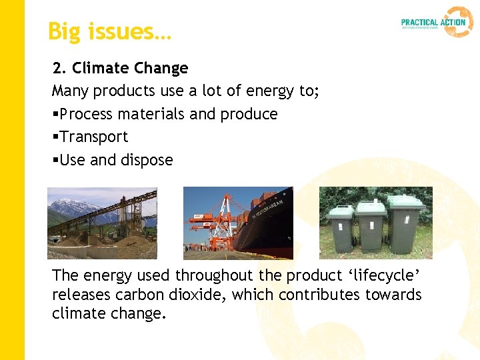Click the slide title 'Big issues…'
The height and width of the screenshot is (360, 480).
[109, 31]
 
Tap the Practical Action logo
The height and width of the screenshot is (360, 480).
[437, 22]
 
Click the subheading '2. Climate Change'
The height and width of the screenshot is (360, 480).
[121, 68]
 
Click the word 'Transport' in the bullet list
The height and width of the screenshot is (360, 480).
[94, 137]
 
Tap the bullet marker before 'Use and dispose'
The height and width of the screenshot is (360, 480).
[55, 161]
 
